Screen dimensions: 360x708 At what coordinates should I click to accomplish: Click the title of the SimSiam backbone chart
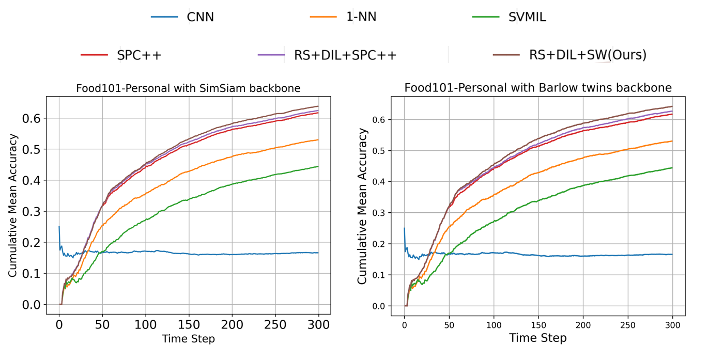click(188, 88)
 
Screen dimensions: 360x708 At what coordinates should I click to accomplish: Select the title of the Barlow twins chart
click(538, 88)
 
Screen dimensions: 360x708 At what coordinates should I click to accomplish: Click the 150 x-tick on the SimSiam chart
click(189, 324)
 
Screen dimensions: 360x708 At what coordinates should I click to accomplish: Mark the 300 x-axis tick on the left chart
click(318, 324)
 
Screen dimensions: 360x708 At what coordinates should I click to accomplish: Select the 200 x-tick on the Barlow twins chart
click(583, 325)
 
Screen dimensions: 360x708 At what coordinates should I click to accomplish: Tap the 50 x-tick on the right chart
click(449, 325)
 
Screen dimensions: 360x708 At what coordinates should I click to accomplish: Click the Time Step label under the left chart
click(188, 339)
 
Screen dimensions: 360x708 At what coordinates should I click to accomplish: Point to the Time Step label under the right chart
click(537, 338)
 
